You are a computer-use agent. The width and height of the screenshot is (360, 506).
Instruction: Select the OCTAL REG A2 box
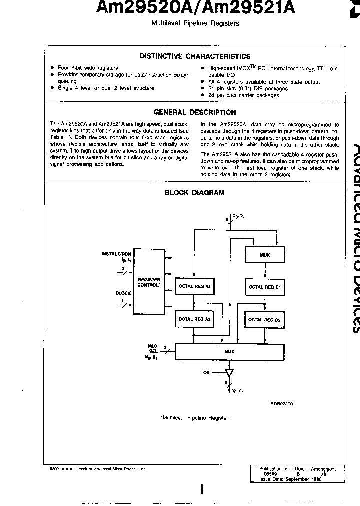click(195, 319)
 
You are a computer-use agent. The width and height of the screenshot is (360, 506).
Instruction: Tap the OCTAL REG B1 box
click(265, 287)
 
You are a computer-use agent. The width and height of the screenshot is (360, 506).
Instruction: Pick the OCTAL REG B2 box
click(265, 319)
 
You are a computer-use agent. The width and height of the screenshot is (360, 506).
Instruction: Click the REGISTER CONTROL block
click(149, 282)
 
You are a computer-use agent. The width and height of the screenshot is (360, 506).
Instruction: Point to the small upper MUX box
click(279, 255)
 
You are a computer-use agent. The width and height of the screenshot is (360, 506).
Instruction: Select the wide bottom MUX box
click(229, 352)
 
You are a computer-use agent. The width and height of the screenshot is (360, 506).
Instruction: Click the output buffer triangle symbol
click(229, 373)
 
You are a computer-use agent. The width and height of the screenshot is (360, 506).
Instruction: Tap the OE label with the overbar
click(206, 373)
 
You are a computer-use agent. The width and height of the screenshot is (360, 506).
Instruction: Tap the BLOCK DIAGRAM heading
click(201, 192)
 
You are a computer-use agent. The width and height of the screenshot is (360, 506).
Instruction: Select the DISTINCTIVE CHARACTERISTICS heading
click(195, 56)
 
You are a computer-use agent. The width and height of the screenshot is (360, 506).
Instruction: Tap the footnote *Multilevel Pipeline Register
click(194, 418)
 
